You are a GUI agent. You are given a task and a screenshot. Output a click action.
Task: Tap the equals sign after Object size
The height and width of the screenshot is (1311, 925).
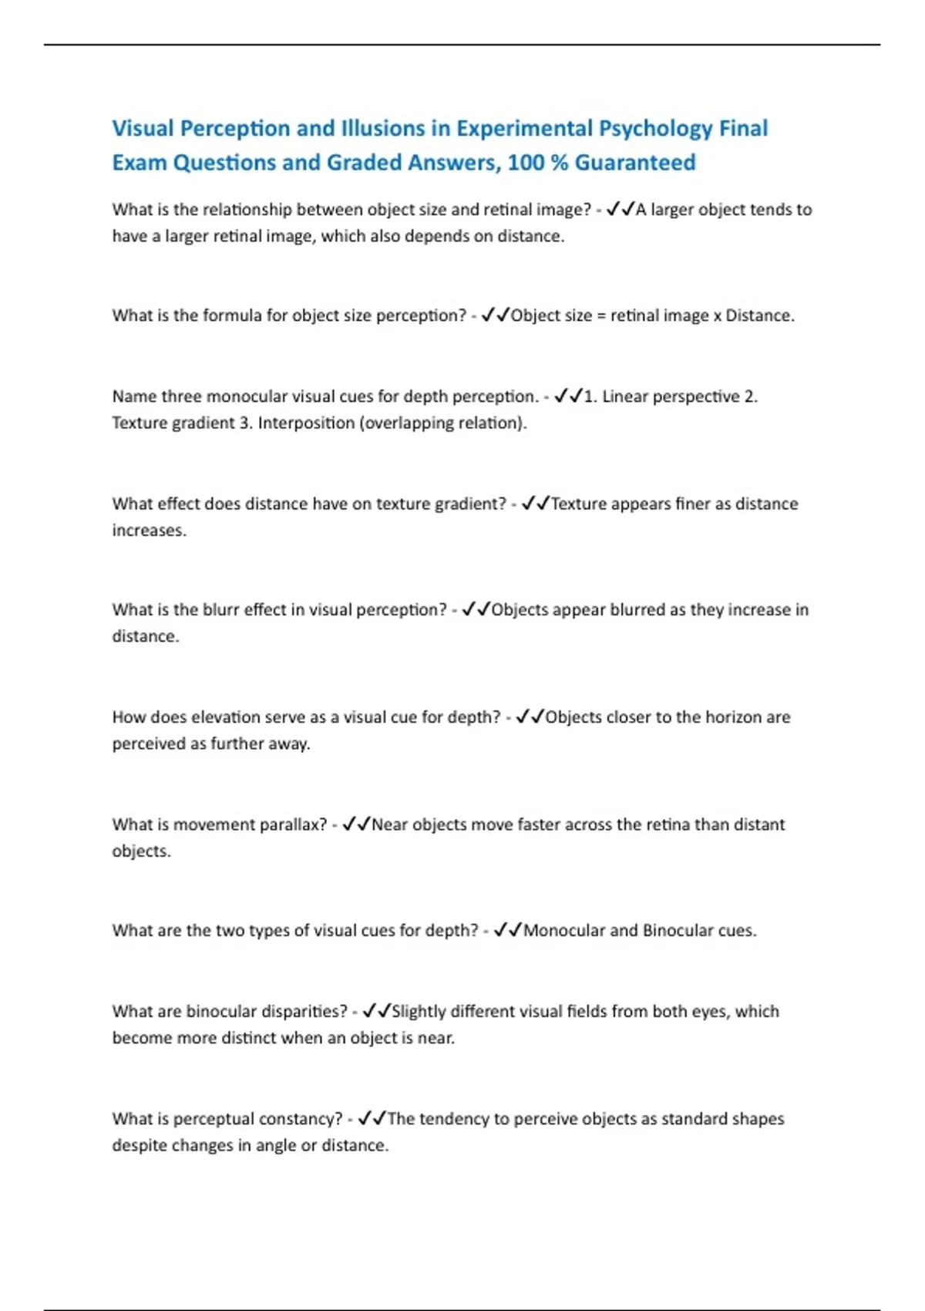[x=601, y=316]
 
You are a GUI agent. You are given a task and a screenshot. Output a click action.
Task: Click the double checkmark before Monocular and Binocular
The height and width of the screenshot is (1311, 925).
[x=508, y=931]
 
